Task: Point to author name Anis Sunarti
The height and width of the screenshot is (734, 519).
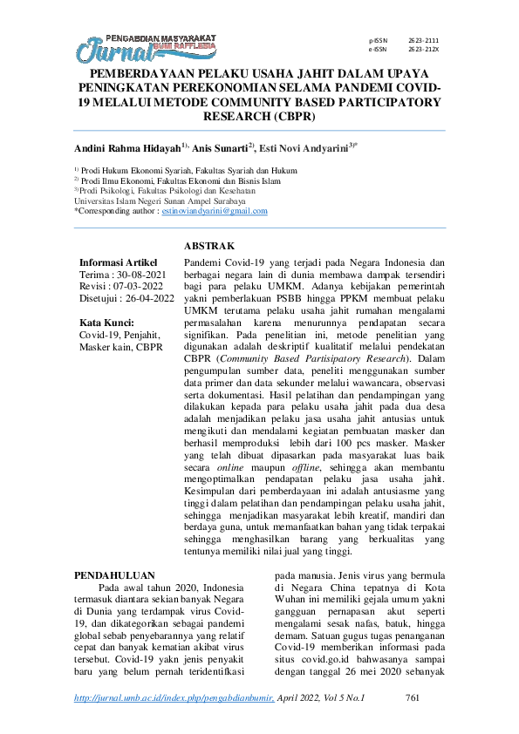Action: point(215,149)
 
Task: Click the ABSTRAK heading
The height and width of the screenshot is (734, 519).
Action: point(209,247)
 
